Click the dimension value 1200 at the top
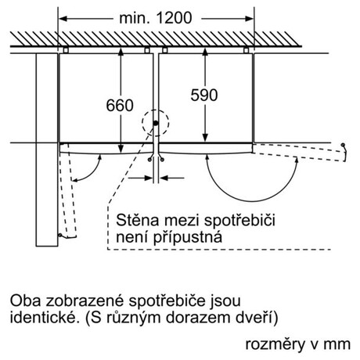click(174, 18)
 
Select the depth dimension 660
click(120, 105)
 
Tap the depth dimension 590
click(204, 95)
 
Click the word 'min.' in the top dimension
click(135, 18)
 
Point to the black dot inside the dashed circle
click(156, 123)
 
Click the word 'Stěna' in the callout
click(137, 220)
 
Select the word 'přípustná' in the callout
click(188, 238)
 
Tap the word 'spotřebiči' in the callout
click(239, 221)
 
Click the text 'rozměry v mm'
click(298, 344)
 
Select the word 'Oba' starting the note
click(25, 301)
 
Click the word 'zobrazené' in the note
click(85, 301)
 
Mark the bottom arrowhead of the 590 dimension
click(205, 138)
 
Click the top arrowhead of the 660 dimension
click(121, 52)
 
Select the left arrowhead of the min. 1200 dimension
click(63, 19)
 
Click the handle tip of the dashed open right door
click(344, 145)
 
